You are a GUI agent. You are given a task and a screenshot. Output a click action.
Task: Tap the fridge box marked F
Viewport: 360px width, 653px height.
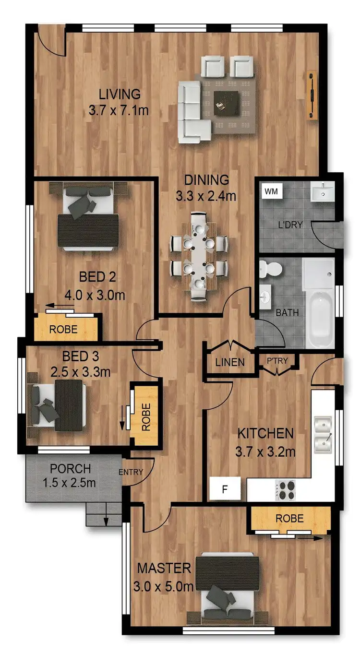[225, 490]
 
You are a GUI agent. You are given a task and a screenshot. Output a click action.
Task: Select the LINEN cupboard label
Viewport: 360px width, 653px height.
[229, 363]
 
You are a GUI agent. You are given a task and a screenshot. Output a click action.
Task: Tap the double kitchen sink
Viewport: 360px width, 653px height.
[324, 435]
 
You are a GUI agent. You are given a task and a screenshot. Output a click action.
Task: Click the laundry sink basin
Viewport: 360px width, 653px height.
[322, 193]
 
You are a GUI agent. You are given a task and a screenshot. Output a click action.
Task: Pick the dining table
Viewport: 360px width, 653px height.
[198, 256]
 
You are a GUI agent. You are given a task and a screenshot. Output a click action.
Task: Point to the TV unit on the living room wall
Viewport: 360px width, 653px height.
[312, 95]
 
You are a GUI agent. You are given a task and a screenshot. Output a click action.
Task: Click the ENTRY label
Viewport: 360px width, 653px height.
[131, 472]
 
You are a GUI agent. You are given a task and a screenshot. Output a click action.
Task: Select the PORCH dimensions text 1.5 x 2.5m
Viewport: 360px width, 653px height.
[70, 483]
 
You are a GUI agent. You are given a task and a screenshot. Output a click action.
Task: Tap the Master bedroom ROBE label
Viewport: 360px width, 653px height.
[289, 518]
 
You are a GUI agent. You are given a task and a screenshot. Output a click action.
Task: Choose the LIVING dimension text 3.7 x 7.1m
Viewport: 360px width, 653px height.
[119, 110]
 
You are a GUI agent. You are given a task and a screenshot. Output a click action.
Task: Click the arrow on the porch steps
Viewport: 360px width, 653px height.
[106, 520]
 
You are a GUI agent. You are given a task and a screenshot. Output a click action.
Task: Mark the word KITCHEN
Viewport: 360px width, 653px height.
[265, 433]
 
